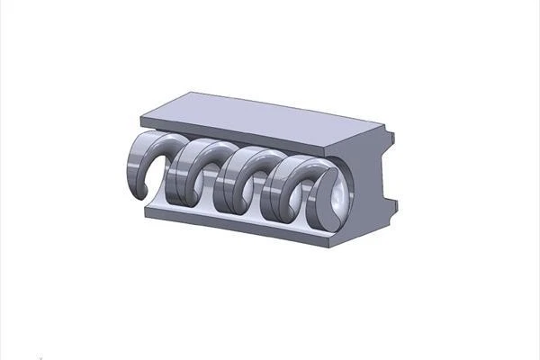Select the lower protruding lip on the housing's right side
point(396,206)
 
